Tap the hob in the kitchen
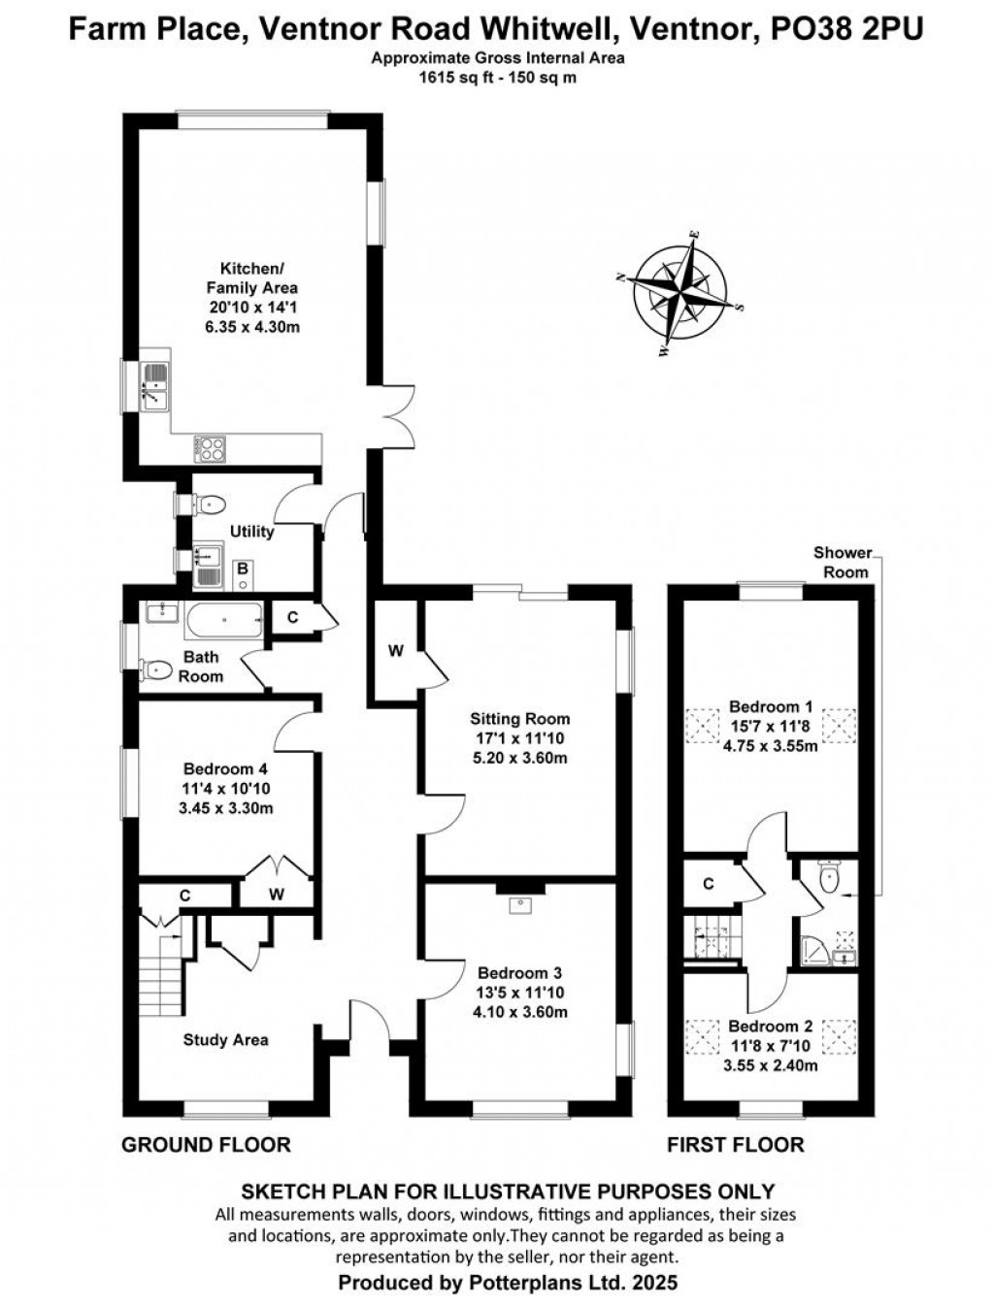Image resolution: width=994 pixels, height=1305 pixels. [210, 449]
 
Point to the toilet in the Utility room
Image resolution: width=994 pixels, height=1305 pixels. [207, 505]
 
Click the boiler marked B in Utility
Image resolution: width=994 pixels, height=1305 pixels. [243, 574]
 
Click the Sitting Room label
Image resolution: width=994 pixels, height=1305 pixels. [519, 719]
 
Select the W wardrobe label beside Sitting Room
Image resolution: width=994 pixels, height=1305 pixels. [396, 652]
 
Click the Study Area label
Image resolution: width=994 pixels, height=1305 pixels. [225, 1040]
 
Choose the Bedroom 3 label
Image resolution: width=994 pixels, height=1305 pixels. [519, 973]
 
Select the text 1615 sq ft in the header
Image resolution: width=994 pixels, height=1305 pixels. [453, 78]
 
